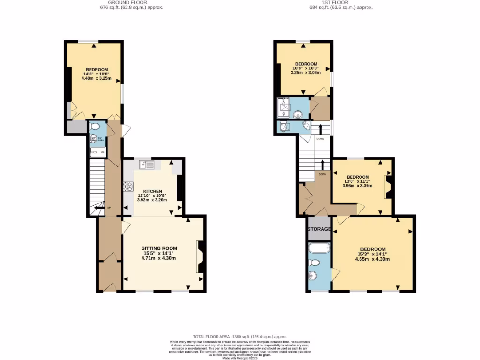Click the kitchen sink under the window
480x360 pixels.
(x=147, y=164)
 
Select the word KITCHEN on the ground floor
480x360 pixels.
(x=152, y=191)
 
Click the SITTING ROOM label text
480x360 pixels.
(x=159, y=248)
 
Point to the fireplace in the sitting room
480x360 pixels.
(x=200, y=256)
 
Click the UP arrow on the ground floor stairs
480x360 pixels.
(x=99, y=208)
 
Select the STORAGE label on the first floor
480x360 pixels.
(x=319, y=229)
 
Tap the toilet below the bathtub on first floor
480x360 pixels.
(x=315, y=262)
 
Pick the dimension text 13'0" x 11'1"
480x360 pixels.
(x=356, y=181)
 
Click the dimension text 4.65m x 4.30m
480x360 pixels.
(x=373, y=259)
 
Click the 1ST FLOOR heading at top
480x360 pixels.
(x=335, y=2)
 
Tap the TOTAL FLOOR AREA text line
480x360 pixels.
(x=240, y=337)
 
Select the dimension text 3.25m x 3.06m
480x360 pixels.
(x=306, y=73)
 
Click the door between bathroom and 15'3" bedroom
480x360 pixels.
(x=335, y=272)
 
